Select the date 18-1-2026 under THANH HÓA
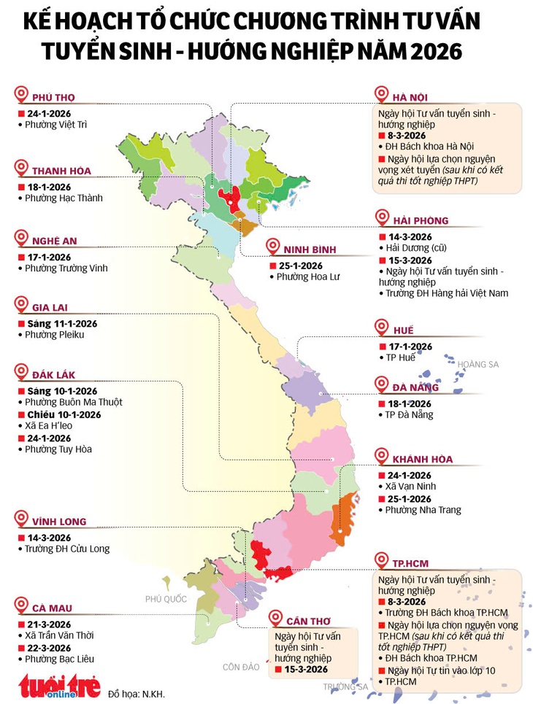click(x=47, y=187)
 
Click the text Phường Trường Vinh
click(x=66, y=268)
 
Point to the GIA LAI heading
click(x=50, y=308)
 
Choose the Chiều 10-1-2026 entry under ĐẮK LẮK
click(x=62, y=414)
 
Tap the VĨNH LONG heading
click(x=59, y=522)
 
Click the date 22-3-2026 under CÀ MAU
click(x=47, y=647)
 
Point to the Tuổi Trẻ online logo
click(x=59, y=686)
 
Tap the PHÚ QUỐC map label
click(x=166, y=599)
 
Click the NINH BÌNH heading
click(x=310, y=250)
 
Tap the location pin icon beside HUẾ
click(x=380, y=328)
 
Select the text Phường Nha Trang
click(x=423, y=510)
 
